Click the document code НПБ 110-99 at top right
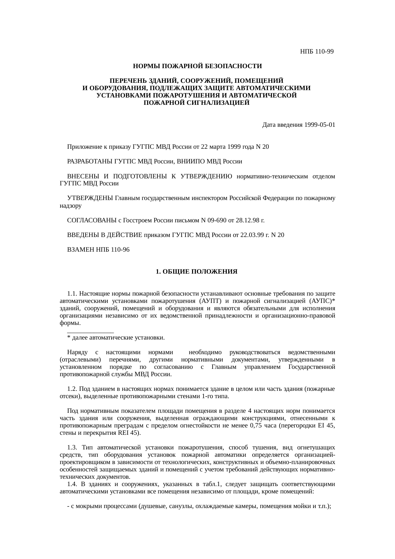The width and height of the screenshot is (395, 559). tap(317, 51)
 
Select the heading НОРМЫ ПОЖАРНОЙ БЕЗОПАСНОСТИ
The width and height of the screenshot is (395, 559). tap(197, 66)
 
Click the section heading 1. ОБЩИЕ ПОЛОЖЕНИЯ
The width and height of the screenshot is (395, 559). tap(197, 272)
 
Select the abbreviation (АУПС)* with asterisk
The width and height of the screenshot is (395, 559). tap(322, 301)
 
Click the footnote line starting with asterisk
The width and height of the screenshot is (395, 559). tap(116, 338)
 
